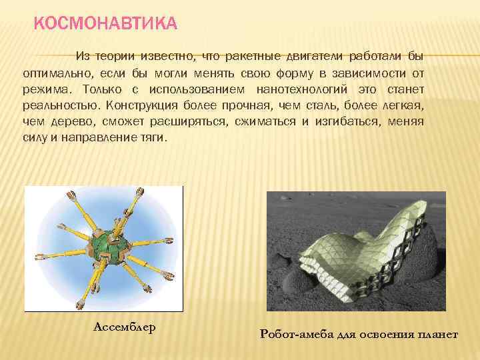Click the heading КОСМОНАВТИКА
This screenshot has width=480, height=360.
click(105, 25)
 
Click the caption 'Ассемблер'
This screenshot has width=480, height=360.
click(125, 327)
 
